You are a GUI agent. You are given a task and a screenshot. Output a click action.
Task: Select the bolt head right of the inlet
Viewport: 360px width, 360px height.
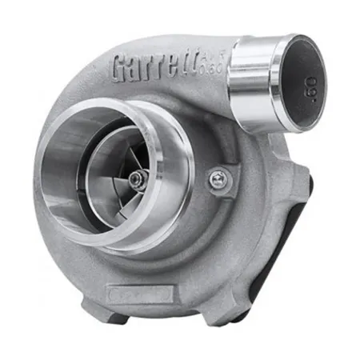click(217, 178)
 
